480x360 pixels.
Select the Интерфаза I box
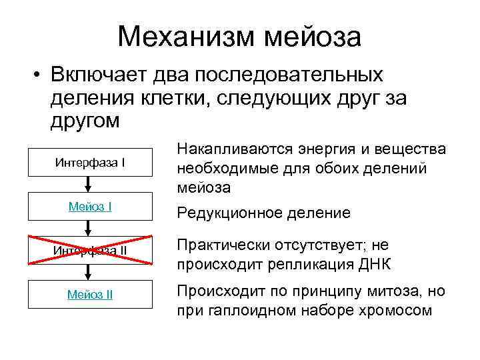(91, 162)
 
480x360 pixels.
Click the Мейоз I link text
(91, 207)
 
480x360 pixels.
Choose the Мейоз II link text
(91, 294)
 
